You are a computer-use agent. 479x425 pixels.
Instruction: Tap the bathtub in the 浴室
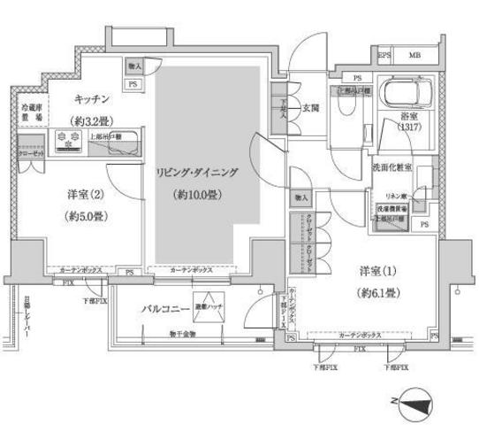pos(402,91)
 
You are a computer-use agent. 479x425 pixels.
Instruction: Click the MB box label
pos(414,56)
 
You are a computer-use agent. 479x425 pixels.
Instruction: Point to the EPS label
pos(385,56)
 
